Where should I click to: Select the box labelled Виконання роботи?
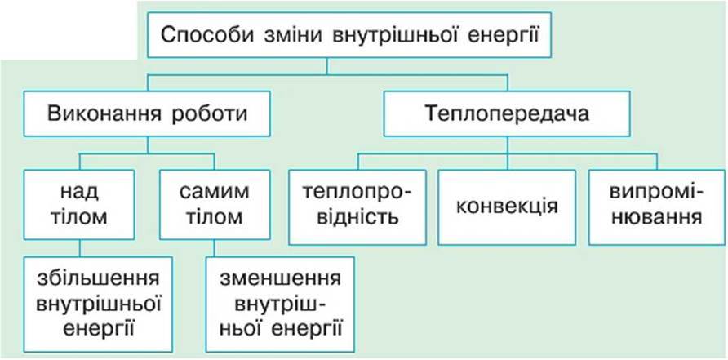click(x=147, y=113)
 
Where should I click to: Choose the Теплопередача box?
click(x=507, y=113)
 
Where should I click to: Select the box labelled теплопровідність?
click(x=357, y=207)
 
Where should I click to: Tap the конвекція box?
click(x=507, y=207)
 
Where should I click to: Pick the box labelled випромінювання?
click(x=657, y=207)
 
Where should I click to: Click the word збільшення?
click(x=98, y=280)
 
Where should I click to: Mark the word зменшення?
click(x=281, y=280)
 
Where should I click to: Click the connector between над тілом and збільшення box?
click(x=79, y=248)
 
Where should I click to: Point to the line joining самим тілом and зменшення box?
click(x=214, y=248)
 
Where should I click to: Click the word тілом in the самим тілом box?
click(x=215, y=217)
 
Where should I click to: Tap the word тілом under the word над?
click(x=79, y=217)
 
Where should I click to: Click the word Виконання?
click(x=104, y=114)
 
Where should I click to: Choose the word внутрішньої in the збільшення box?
click(x=98, y=305)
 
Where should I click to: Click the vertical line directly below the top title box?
click(x=327, y=65)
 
